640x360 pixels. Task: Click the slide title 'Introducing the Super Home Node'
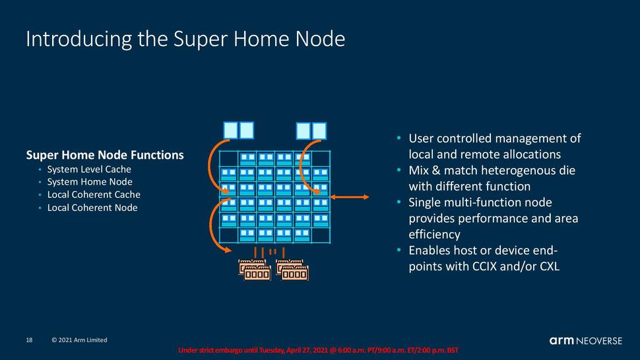[x=185, y=39]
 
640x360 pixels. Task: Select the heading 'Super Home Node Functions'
[x=104, y=155]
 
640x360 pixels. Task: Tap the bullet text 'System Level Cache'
[x=89, y=169]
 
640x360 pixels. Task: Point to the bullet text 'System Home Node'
[x=90, y=182]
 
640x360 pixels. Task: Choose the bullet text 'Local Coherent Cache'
[x=94, y=195]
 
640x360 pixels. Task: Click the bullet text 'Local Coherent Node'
[x=92, y=208]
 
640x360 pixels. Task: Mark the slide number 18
[x=29, y=340]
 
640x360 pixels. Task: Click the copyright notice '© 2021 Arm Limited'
[x=79, y=340]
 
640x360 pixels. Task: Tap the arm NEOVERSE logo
[x=585, y=340]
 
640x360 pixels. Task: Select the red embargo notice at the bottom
[x=318, y=350]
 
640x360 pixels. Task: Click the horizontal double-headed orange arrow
[x=350, y=196]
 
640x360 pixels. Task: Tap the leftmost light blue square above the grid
[x=230, y=130]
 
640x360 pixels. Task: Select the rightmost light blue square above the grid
[x=319, y=131]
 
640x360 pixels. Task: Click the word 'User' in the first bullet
[x=422, y=138]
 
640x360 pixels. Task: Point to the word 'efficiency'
[x=434, y=234]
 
